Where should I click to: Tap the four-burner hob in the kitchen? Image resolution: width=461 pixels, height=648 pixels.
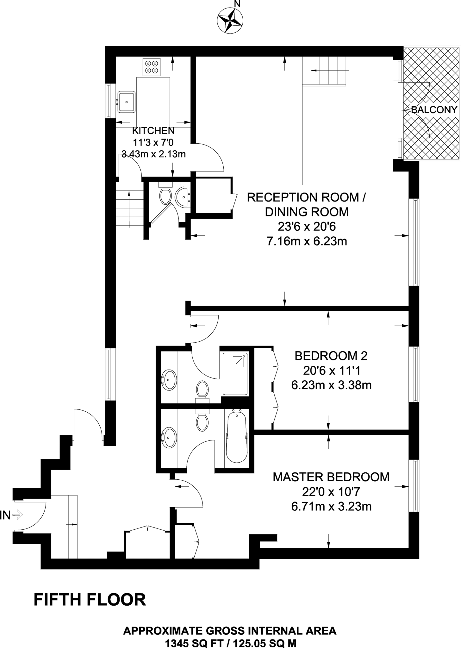pos(151,67)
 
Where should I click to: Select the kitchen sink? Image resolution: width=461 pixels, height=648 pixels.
pos(127,102)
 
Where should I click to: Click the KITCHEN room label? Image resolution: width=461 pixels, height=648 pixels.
pos(153,130)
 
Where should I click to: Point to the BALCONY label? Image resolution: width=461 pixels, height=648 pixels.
pos(434,110)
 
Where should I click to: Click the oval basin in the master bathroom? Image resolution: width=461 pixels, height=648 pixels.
pos(169,438)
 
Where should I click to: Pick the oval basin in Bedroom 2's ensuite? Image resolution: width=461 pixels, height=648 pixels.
pos(169,380)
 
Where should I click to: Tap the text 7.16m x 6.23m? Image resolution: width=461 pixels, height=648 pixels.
pos(306,241)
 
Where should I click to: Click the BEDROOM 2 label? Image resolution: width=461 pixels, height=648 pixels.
pos(331,356)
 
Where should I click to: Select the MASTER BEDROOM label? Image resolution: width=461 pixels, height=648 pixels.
pos(331,477)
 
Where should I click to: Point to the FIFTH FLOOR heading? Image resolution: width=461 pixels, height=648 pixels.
pos(90,600)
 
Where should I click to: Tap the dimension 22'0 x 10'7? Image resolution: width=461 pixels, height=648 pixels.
pos(331,492)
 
